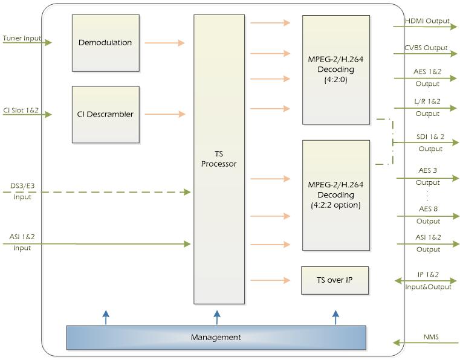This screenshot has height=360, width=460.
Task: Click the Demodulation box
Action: [x=105, y=42]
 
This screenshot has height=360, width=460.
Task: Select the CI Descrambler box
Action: [x=105, y=114]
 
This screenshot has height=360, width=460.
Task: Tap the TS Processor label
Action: [x=219, y=159]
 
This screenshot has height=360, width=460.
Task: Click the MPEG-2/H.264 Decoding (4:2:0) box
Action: [x=336, y=70]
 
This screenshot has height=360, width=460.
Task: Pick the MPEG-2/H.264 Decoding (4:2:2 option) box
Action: [x=336, y=194]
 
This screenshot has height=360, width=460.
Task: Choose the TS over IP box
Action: [x=334, y=280]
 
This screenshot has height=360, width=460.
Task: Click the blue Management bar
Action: [x=216, y=337]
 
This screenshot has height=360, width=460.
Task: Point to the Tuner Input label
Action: [x=22, y=38]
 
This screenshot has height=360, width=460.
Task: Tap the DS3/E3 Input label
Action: [x=22, y=191]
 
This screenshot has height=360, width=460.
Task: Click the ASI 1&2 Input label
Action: [x=22, y=242]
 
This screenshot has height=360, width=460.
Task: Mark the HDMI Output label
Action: [x=427, y=21]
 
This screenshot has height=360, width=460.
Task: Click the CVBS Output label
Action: [x=426, y=48]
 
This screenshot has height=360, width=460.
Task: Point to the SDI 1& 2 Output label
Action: [x=430, y=143]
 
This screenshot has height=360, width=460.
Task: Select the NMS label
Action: [x=431, y=336]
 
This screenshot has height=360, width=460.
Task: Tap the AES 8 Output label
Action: [x=428, y=214]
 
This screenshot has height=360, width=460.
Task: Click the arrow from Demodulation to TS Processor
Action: [x=164, y=43]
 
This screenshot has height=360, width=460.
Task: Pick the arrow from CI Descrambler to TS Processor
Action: [x=164, y=114]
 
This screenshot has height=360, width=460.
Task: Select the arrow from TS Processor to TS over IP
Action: [x=270, y=280]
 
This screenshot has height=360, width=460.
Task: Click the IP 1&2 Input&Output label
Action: [x=429, y=281]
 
